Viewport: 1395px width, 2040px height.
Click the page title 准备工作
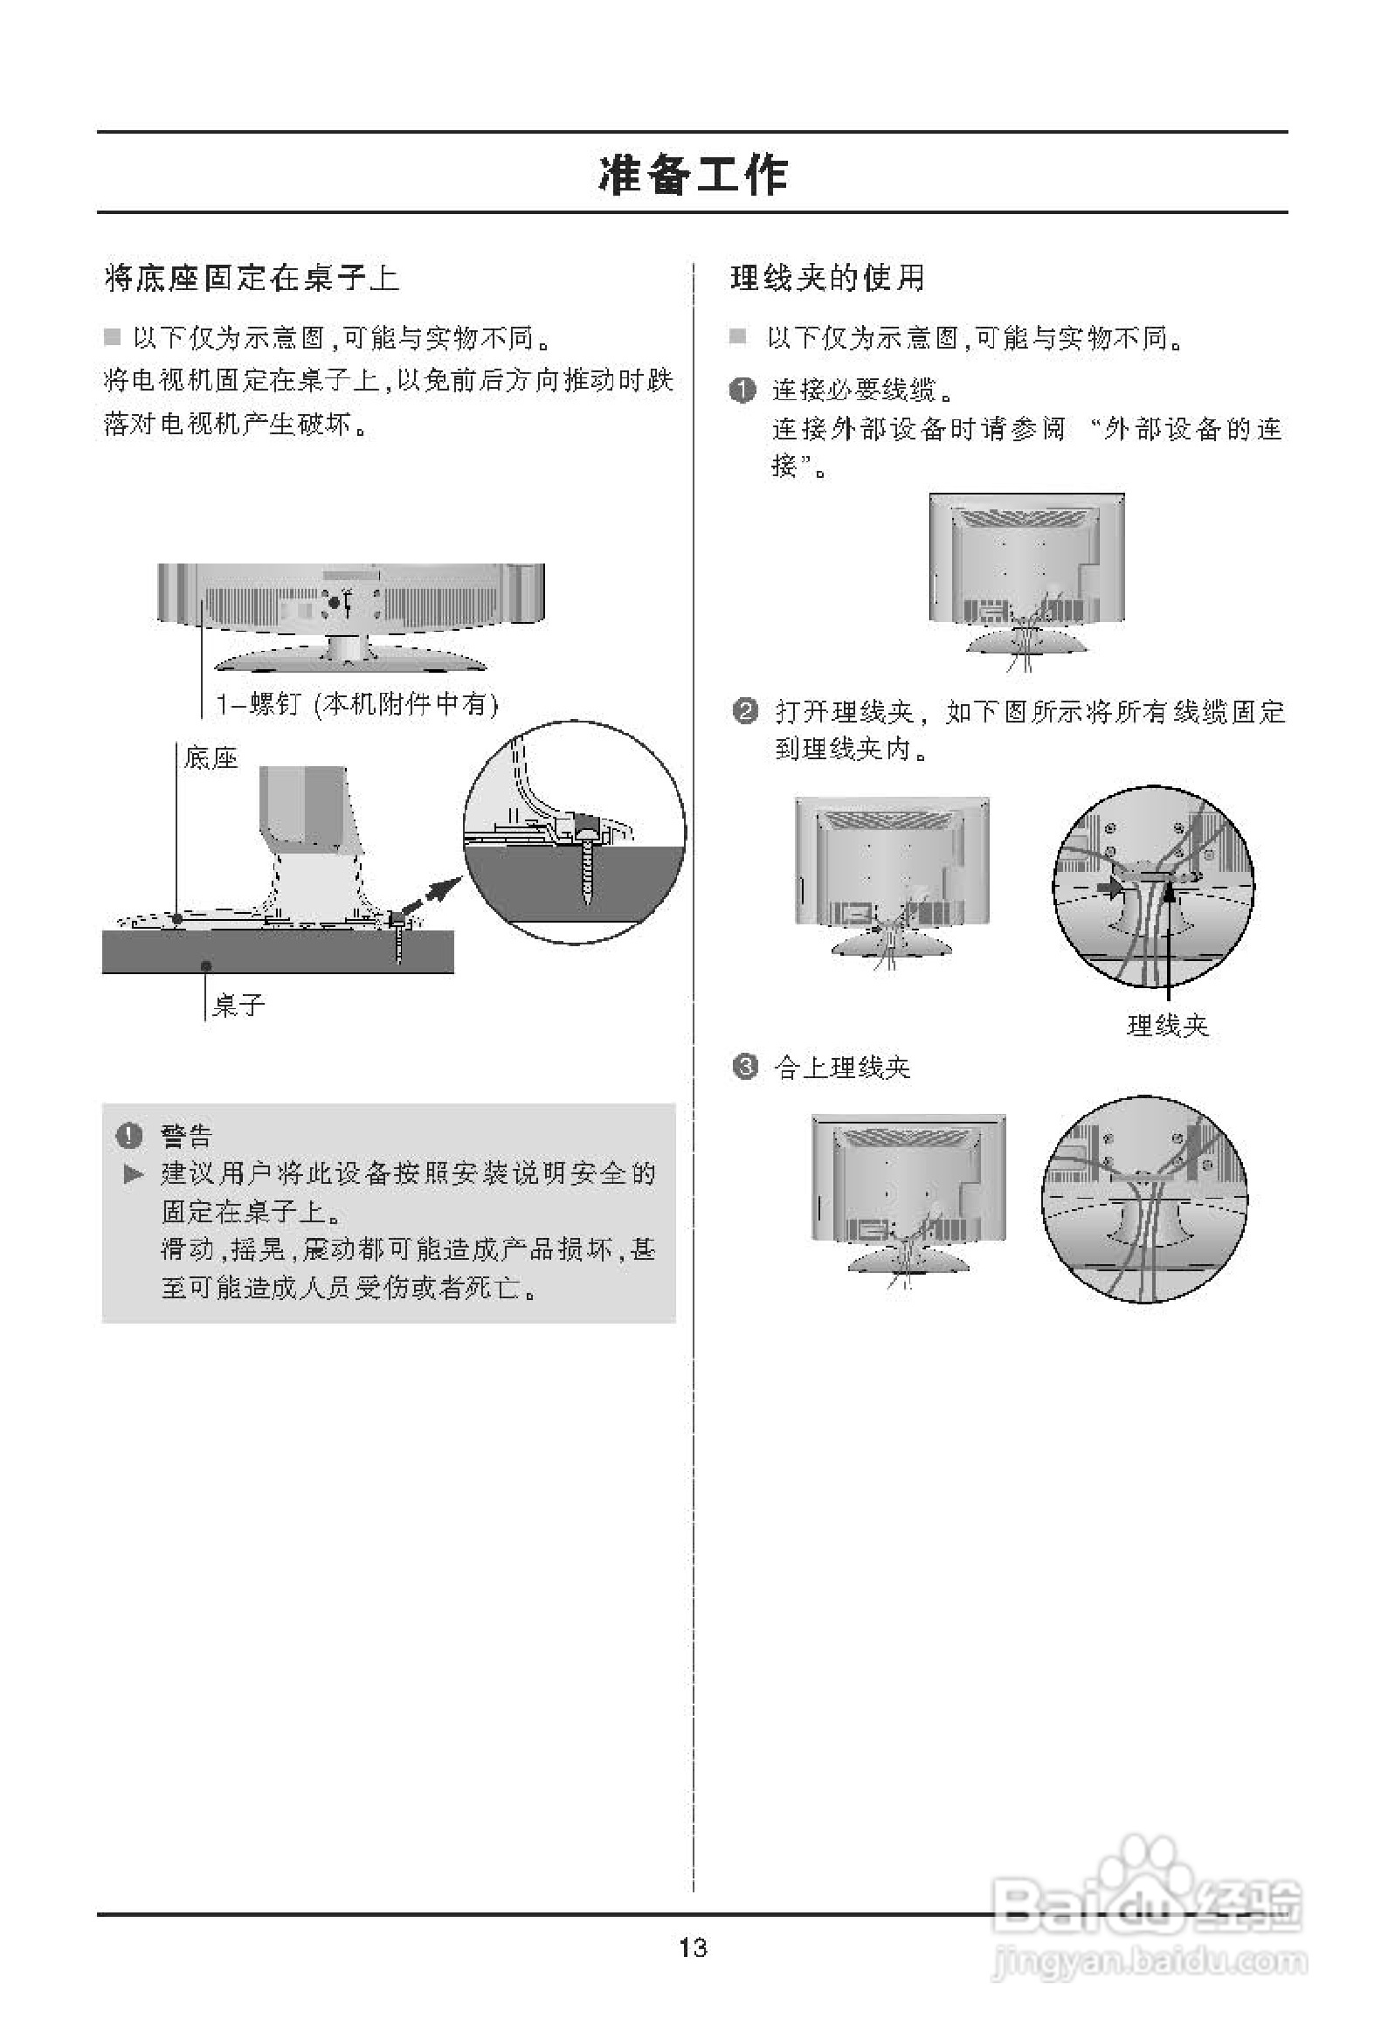point(693,175)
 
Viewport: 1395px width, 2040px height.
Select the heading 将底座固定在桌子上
point(252,279)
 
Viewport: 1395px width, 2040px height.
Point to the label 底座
point(211,757)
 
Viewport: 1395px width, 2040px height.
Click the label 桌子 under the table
point(238,1005)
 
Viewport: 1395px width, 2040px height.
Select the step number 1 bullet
point(742,390)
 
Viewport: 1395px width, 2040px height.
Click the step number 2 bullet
point(744,711)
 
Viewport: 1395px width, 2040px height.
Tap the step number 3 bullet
point(744,1068)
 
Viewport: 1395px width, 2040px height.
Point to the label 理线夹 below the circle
point(1168,1026)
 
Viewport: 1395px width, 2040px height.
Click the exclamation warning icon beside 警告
point(128,1136)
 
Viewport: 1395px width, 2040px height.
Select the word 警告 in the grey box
point(186,1136)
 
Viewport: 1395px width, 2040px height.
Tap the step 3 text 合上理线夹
point(842,1068)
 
